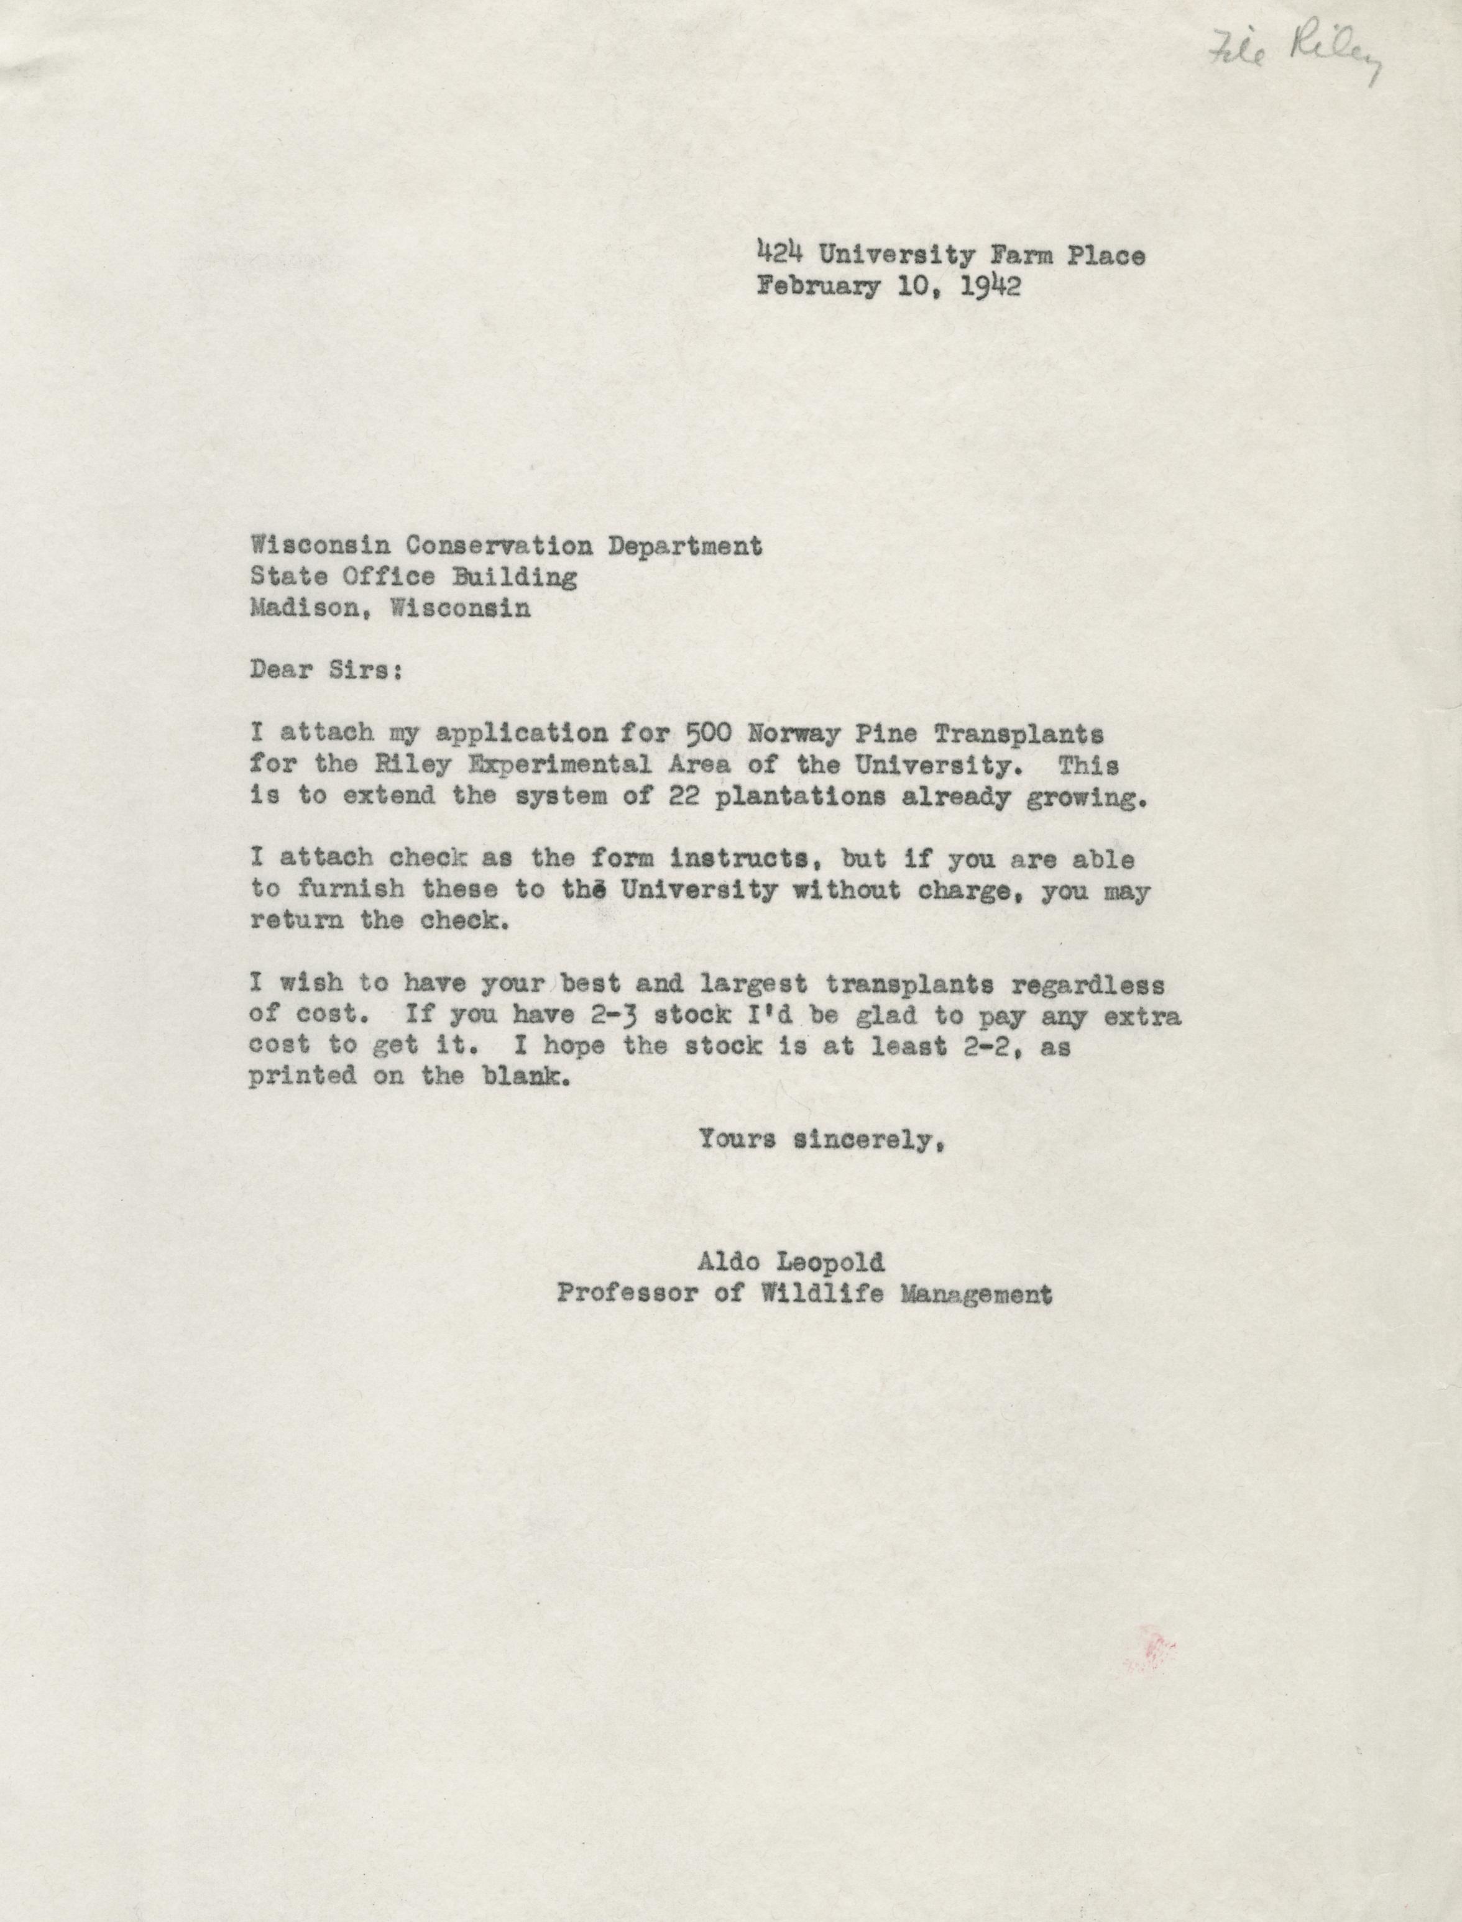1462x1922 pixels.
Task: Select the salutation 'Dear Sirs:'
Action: (x=326, y=672)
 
